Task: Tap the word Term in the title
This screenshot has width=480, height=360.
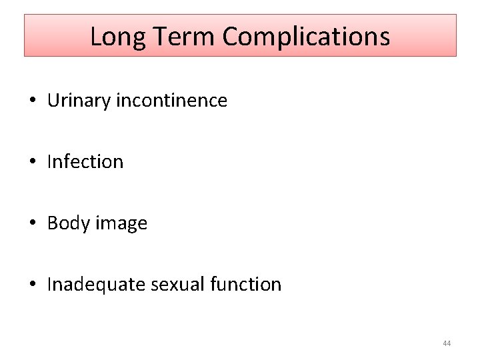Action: click(179, 36)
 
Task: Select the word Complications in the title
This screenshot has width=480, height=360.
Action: click(306, 37)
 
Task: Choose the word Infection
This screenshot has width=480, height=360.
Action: click(85, 162)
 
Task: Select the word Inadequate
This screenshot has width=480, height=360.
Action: click(96, 285)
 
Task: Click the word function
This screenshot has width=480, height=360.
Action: click(245, 285)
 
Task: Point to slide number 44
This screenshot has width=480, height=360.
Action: click(447, 343)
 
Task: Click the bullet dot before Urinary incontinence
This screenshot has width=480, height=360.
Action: click(33, 101)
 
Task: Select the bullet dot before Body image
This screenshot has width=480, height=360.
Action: click(33, 224)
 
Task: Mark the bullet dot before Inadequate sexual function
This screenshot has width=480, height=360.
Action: click(33, 285)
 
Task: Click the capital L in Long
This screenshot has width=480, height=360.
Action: click(95, 37)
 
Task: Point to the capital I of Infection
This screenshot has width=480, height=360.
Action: click(50, 162)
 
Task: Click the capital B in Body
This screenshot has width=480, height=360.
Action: click(52, 223)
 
